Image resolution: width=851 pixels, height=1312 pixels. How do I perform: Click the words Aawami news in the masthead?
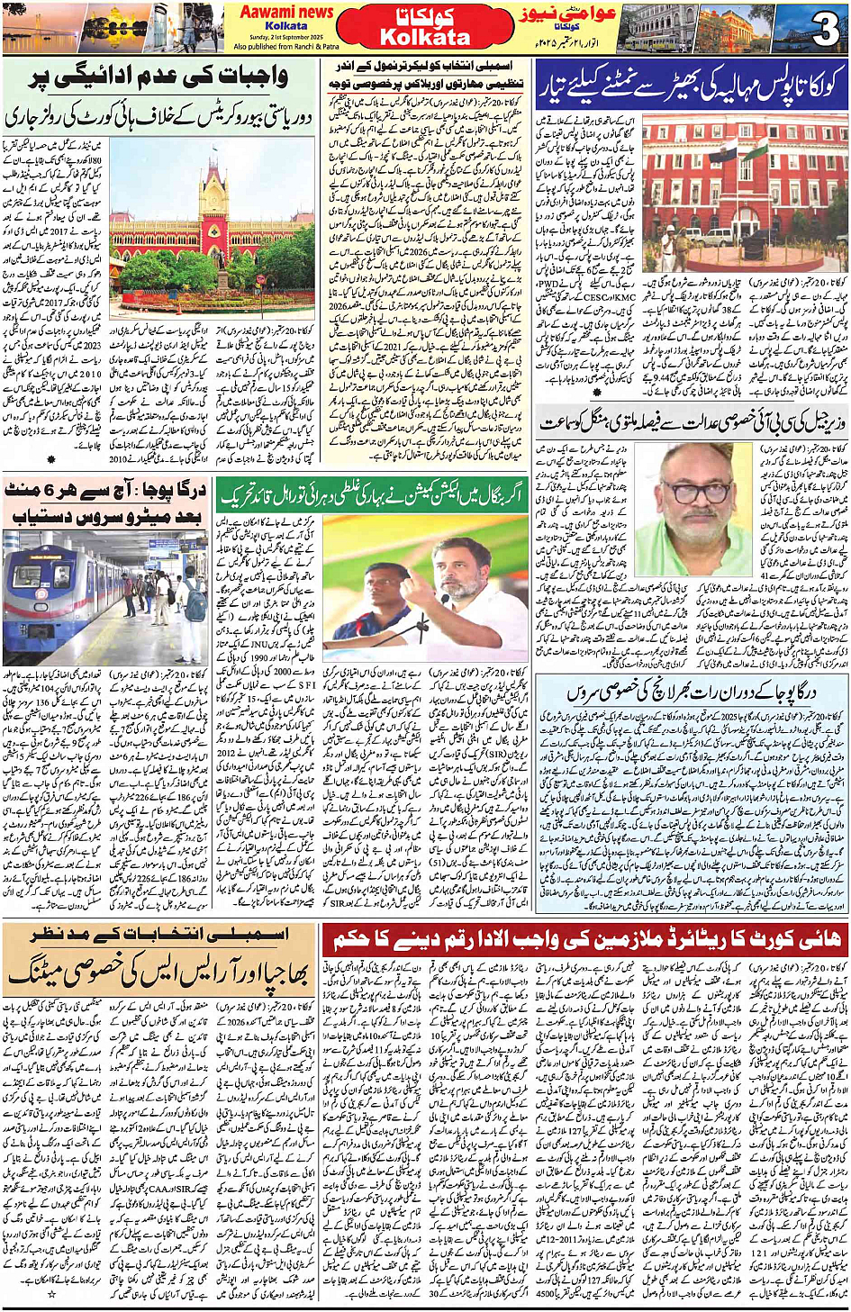[286, 12]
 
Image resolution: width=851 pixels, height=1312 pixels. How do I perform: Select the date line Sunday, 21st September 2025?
[286, 37]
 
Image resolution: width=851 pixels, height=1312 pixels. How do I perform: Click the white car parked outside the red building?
[720, 238]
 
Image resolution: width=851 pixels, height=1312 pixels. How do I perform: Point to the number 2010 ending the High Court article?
[122, 459]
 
